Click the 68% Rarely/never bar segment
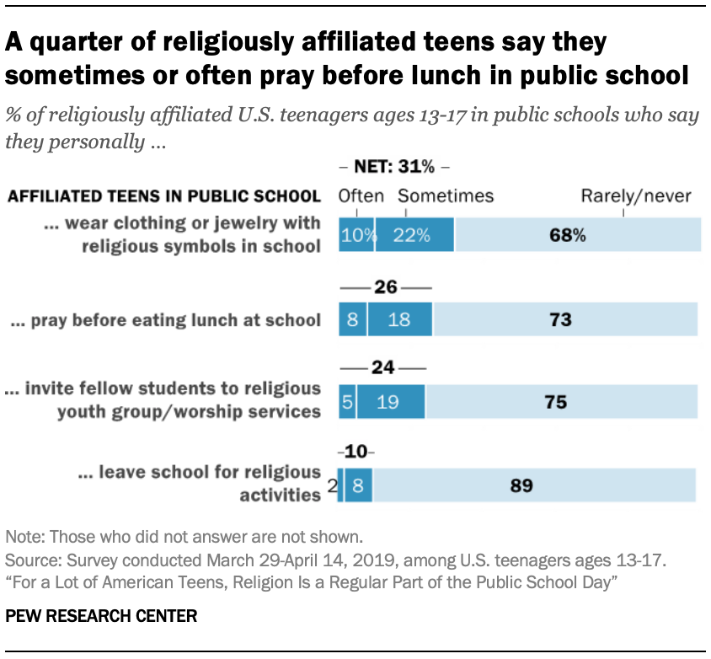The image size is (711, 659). (x=577, y=234)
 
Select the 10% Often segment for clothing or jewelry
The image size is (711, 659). (x=356, y=234)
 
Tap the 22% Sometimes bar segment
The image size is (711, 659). (x=414, y=234)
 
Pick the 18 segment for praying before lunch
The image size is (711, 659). (x=399, y=319)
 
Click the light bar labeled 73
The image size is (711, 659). (x=565, y=319)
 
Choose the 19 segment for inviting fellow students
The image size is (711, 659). (x=390, y=402)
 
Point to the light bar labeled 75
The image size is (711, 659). (x=561, y=402)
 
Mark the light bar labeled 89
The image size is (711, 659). (x=534, y=485)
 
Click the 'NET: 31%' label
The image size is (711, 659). (x=395, y=166)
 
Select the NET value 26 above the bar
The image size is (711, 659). (x=385, y=287)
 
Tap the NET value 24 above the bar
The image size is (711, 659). (x=383, y=369)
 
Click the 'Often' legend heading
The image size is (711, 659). (x=361, y=196)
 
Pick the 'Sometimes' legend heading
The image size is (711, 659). (x=446, y=196)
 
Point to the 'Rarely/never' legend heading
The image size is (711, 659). (x=635, y=196)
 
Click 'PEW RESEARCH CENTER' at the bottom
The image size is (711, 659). (x=101, y=616)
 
